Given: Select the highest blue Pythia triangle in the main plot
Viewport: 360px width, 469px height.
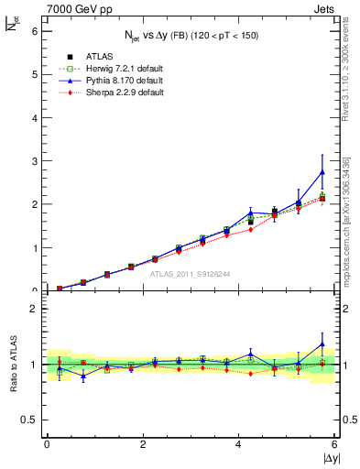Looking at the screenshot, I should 322,172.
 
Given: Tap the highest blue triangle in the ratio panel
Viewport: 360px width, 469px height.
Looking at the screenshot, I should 322,344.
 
